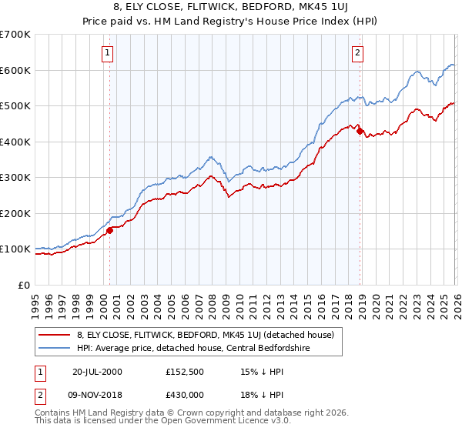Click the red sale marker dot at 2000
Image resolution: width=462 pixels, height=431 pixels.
[110, 229]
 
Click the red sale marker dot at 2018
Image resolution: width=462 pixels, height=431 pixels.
[359, 131]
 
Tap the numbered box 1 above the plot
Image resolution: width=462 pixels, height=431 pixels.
[106, 53]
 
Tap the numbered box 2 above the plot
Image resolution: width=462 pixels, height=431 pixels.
[358, 53]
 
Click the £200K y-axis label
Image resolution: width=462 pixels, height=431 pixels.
[15, 213]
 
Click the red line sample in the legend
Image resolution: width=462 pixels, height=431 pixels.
[55, 335]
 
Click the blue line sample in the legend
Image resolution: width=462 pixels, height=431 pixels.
[55, 349]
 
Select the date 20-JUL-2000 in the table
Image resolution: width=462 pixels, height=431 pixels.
[98, 371]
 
